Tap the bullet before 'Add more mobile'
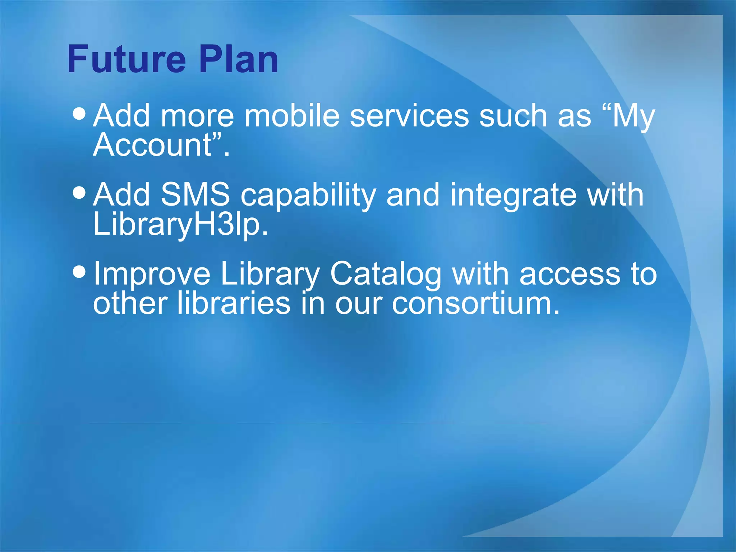click(79, 114)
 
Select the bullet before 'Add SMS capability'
click(79, 193)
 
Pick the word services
click(409, 116)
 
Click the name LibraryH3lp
click(180, 225)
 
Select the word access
click(570, 274)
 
